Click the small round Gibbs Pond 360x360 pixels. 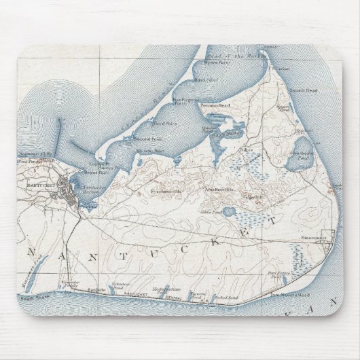228,211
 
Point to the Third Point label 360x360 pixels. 156,123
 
